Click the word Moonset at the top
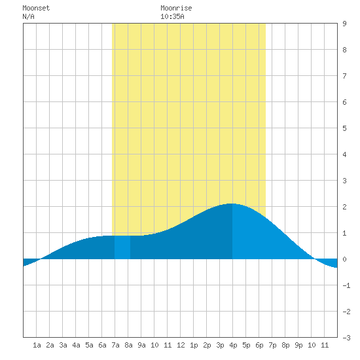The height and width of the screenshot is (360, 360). tap(36, 8)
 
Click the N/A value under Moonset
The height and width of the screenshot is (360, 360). tap(28, 16)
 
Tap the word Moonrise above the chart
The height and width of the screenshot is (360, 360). tap(176, 8)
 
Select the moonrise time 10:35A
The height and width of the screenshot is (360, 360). tap(172, 16)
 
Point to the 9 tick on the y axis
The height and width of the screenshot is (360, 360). tap(344, 24)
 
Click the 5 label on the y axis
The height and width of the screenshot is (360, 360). tap(344, 128)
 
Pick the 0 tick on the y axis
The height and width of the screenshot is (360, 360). tap(344, 259)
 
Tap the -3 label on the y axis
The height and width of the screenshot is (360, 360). tap(346, 338)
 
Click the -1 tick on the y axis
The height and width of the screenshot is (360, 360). tap(346, 285)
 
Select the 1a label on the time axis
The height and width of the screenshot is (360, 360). tap(37, 345)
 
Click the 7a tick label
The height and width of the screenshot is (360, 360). tap(115, 345)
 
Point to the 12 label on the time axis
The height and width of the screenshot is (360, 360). tap(181, 345)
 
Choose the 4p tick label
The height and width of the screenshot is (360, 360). tap(233, 345)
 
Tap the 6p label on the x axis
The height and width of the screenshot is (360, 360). tap(259, 345)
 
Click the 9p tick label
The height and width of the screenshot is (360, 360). tap(298, 345)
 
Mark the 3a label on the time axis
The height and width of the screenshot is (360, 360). tap(63, 345)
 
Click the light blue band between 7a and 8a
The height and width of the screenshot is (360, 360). tap(122, 247)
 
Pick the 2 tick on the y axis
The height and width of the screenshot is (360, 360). tap(344, 207)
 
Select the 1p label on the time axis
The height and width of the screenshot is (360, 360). tap(194, 345)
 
